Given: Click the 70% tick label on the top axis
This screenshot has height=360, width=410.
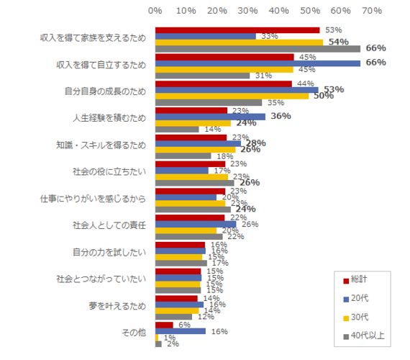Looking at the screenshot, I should [371, 11].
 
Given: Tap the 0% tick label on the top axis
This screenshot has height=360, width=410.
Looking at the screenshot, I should [155, 11].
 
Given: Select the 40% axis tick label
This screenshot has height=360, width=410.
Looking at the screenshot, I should [278, 11].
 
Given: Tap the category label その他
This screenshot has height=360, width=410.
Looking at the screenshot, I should [134, 333].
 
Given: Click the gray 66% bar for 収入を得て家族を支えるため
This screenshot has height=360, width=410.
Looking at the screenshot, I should [258, 49].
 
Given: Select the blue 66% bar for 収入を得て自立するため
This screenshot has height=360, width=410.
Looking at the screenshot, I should [258, 63].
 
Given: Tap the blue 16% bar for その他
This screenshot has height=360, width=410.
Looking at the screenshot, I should [180, 331].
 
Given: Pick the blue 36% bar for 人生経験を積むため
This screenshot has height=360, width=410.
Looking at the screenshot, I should [210, 117].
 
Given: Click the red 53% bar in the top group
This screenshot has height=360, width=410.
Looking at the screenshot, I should [237, 30].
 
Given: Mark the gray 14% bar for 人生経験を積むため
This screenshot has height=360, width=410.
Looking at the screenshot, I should [177, 130].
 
